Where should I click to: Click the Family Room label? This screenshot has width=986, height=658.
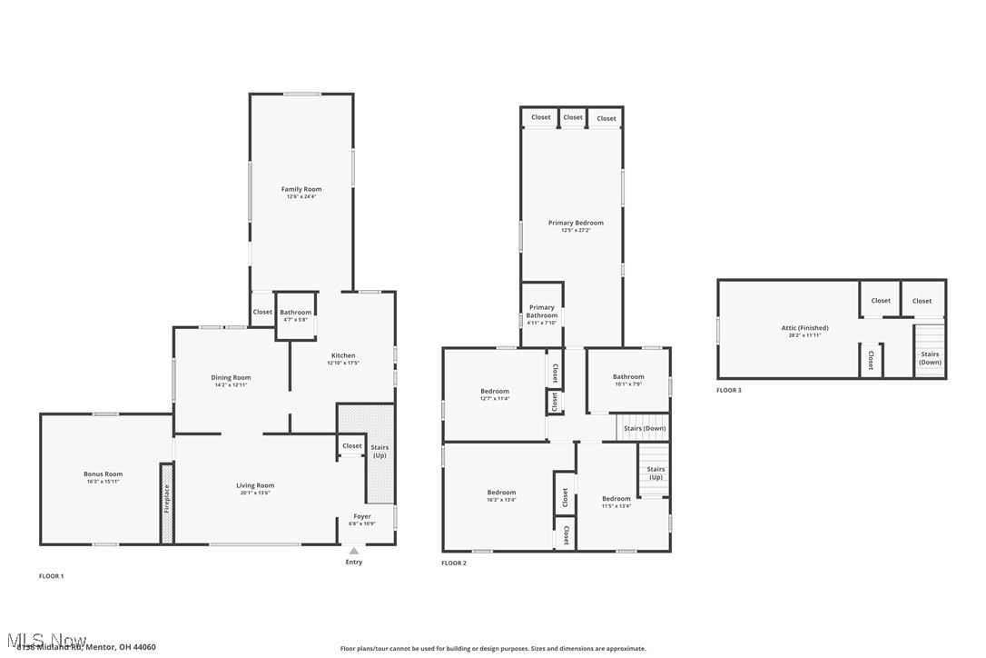coord(301,189)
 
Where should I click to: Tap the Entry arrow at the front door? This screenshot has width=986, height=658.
coord(354,551)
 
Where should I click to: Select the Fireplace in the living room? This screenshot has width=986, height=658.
coord(167,503)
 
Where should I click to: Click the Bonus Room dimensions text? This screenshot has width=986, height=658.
coord(103,481)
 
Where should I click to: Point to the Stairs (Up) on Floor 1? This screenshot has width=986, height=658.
coord(380,452)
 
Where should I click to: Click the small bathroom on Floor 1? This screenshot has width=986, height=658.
coord(296,315)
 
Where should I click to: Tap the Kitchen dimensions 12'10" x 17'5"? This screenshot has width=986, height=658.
coord(343,363)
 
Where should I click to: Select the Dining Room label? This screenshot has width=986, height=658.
coord(231,377)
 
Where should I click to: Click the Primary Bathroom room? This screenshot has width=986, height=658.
coord(542,314)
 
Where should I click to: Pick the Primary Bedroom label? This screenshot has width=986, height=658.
coord(576,223)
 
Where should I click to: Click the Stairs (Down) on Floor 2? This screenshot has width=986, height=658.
coord(644,428)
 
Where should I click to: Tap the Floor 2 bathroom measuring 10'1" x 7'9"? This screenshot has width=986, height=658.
coord(627,380)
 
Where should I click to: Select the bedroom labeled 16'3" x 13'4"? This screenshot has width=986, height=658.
coord(500,495)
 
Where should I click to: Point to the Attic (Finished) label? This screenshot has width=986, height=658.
coord(804,328)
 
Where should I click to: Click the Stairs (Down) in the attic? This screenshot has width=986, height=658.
coord(930,358)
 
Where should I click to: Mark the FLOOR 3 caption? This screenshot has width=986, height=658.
coord(729,391)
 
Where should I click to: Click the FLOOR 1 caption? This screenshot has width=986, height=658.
coord(51,576)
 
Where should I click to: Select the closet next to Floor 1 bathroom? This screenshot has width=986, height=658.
coord(262,312)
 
